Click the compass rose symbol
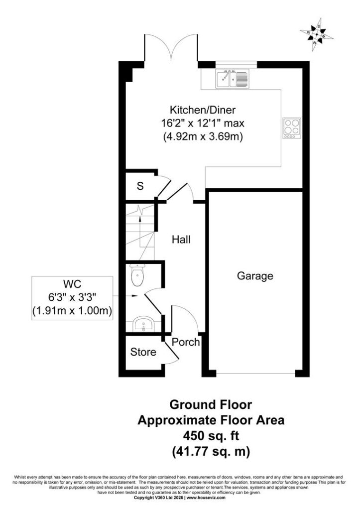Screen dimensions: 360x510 pyautogui.click(x=316, y=34)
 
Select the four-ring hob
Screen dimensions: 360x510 pyautogui.click(x=291, y=128)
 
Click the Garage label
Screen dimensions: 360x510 pyautogui.click(x=255, y=276)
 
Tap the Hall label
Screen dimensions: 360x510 pyautogui.click(x=181, y=240)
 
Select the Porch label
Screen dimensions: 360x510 pyautogui.click(x=186, y=342)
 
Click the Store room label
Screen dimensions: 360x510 pyautogui.click(x=143, y=352)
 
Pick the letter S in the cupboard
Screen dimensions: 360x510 pyautogui.click(x=140, y=186)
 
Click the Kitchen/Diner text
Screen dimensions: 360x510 pyautogui.click(x=203, y=110)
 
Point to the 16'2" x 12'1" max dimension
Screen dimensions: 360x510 pyautogui.click(x=203, y=124)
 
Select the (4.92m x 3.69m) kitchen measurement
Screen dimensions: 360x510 pyautogui.click(x=203, y=136)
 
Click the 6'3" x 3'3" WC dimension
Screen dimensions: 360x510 pyautogui.click(x=72, y=297)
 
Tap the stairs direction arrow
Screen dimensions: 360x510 pyautogui.click(x=140, y=224)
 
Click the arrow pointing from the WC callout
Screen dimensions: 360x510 pyautogui.click(x=125, y=296)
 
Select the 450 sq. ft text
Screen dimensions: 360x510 pyautogui.click(x=211, y=435)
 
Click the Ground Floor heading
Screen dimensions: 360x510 pyautogui.click(x=211, y=404)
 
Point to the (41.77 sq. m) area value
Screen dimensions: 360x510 pyautogui.click(x=211, y=451)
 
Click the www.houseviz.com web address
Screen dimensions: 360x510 pyautogui.click(x=206, y=507)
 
